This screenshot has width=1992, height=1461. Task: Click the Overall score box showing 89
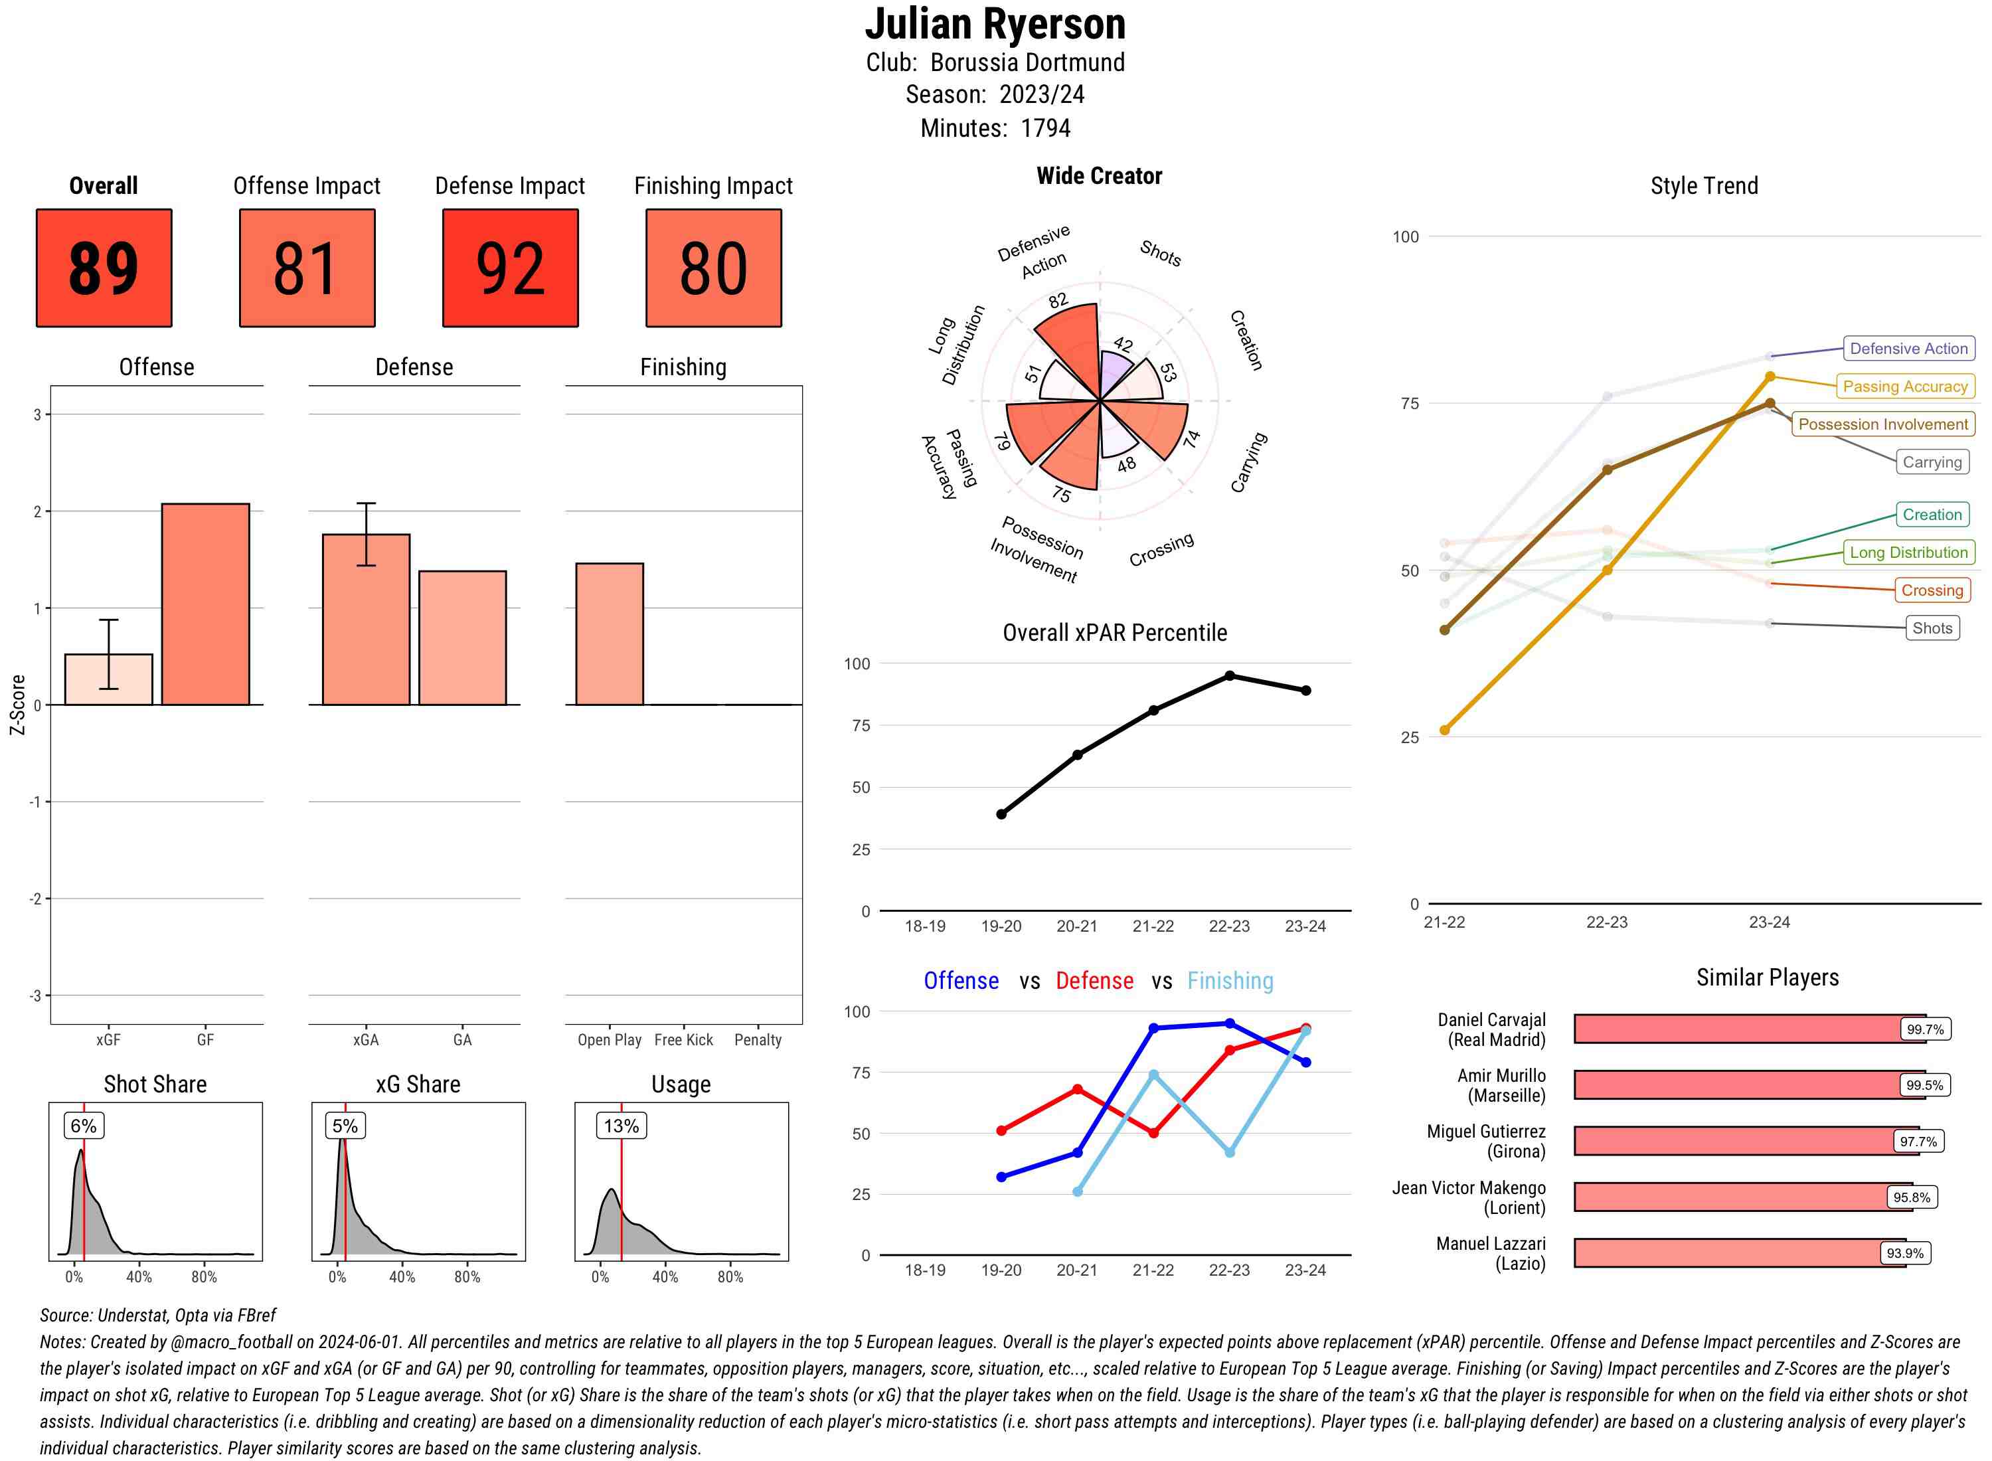(x=104, y=268)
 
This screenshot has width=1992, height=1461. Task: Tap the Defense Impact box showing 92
(x=510, y=268)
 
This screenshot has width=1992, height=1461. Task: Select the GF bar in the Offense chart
(x=205, y=604)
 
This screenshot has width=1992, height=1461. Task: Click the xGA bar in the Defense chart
(x=366, y=619)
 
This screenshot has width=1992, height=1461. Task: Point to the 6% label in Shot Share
(x=83, y=1126)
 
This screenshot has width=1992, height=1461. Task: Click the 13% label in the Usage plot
(x=621, y=1126)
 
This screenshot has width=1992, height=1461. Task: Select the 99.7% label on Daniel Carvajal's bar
(x=1925, y=1029)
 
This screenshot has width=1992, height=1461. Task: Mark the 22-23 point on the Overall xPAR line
(x=1230, y=675)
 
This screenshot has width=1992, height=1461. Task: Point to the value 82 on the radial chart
(x=1058, y=301)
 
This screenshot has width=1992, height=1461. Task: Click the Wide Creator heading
(x=1099, y=176)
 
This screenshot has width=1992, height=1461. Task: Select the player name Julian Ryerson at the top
(x=995, y=24)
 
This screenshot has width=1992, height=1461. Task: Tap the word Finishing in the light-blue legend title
(x=1230, y=981)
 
